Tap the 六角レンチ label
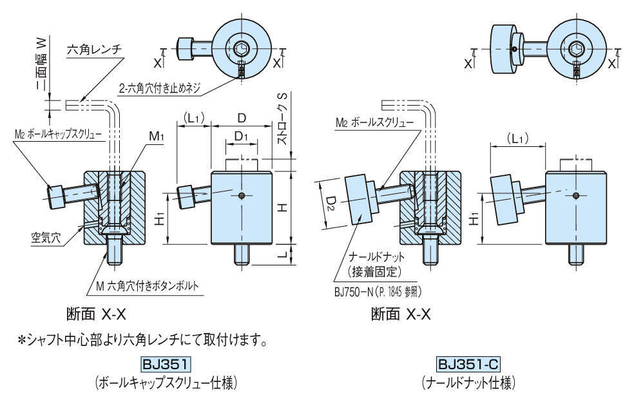tap(94, 49)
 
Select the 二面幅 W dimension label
tap(41, 65)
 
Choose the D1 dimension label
tap(241, 137)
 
